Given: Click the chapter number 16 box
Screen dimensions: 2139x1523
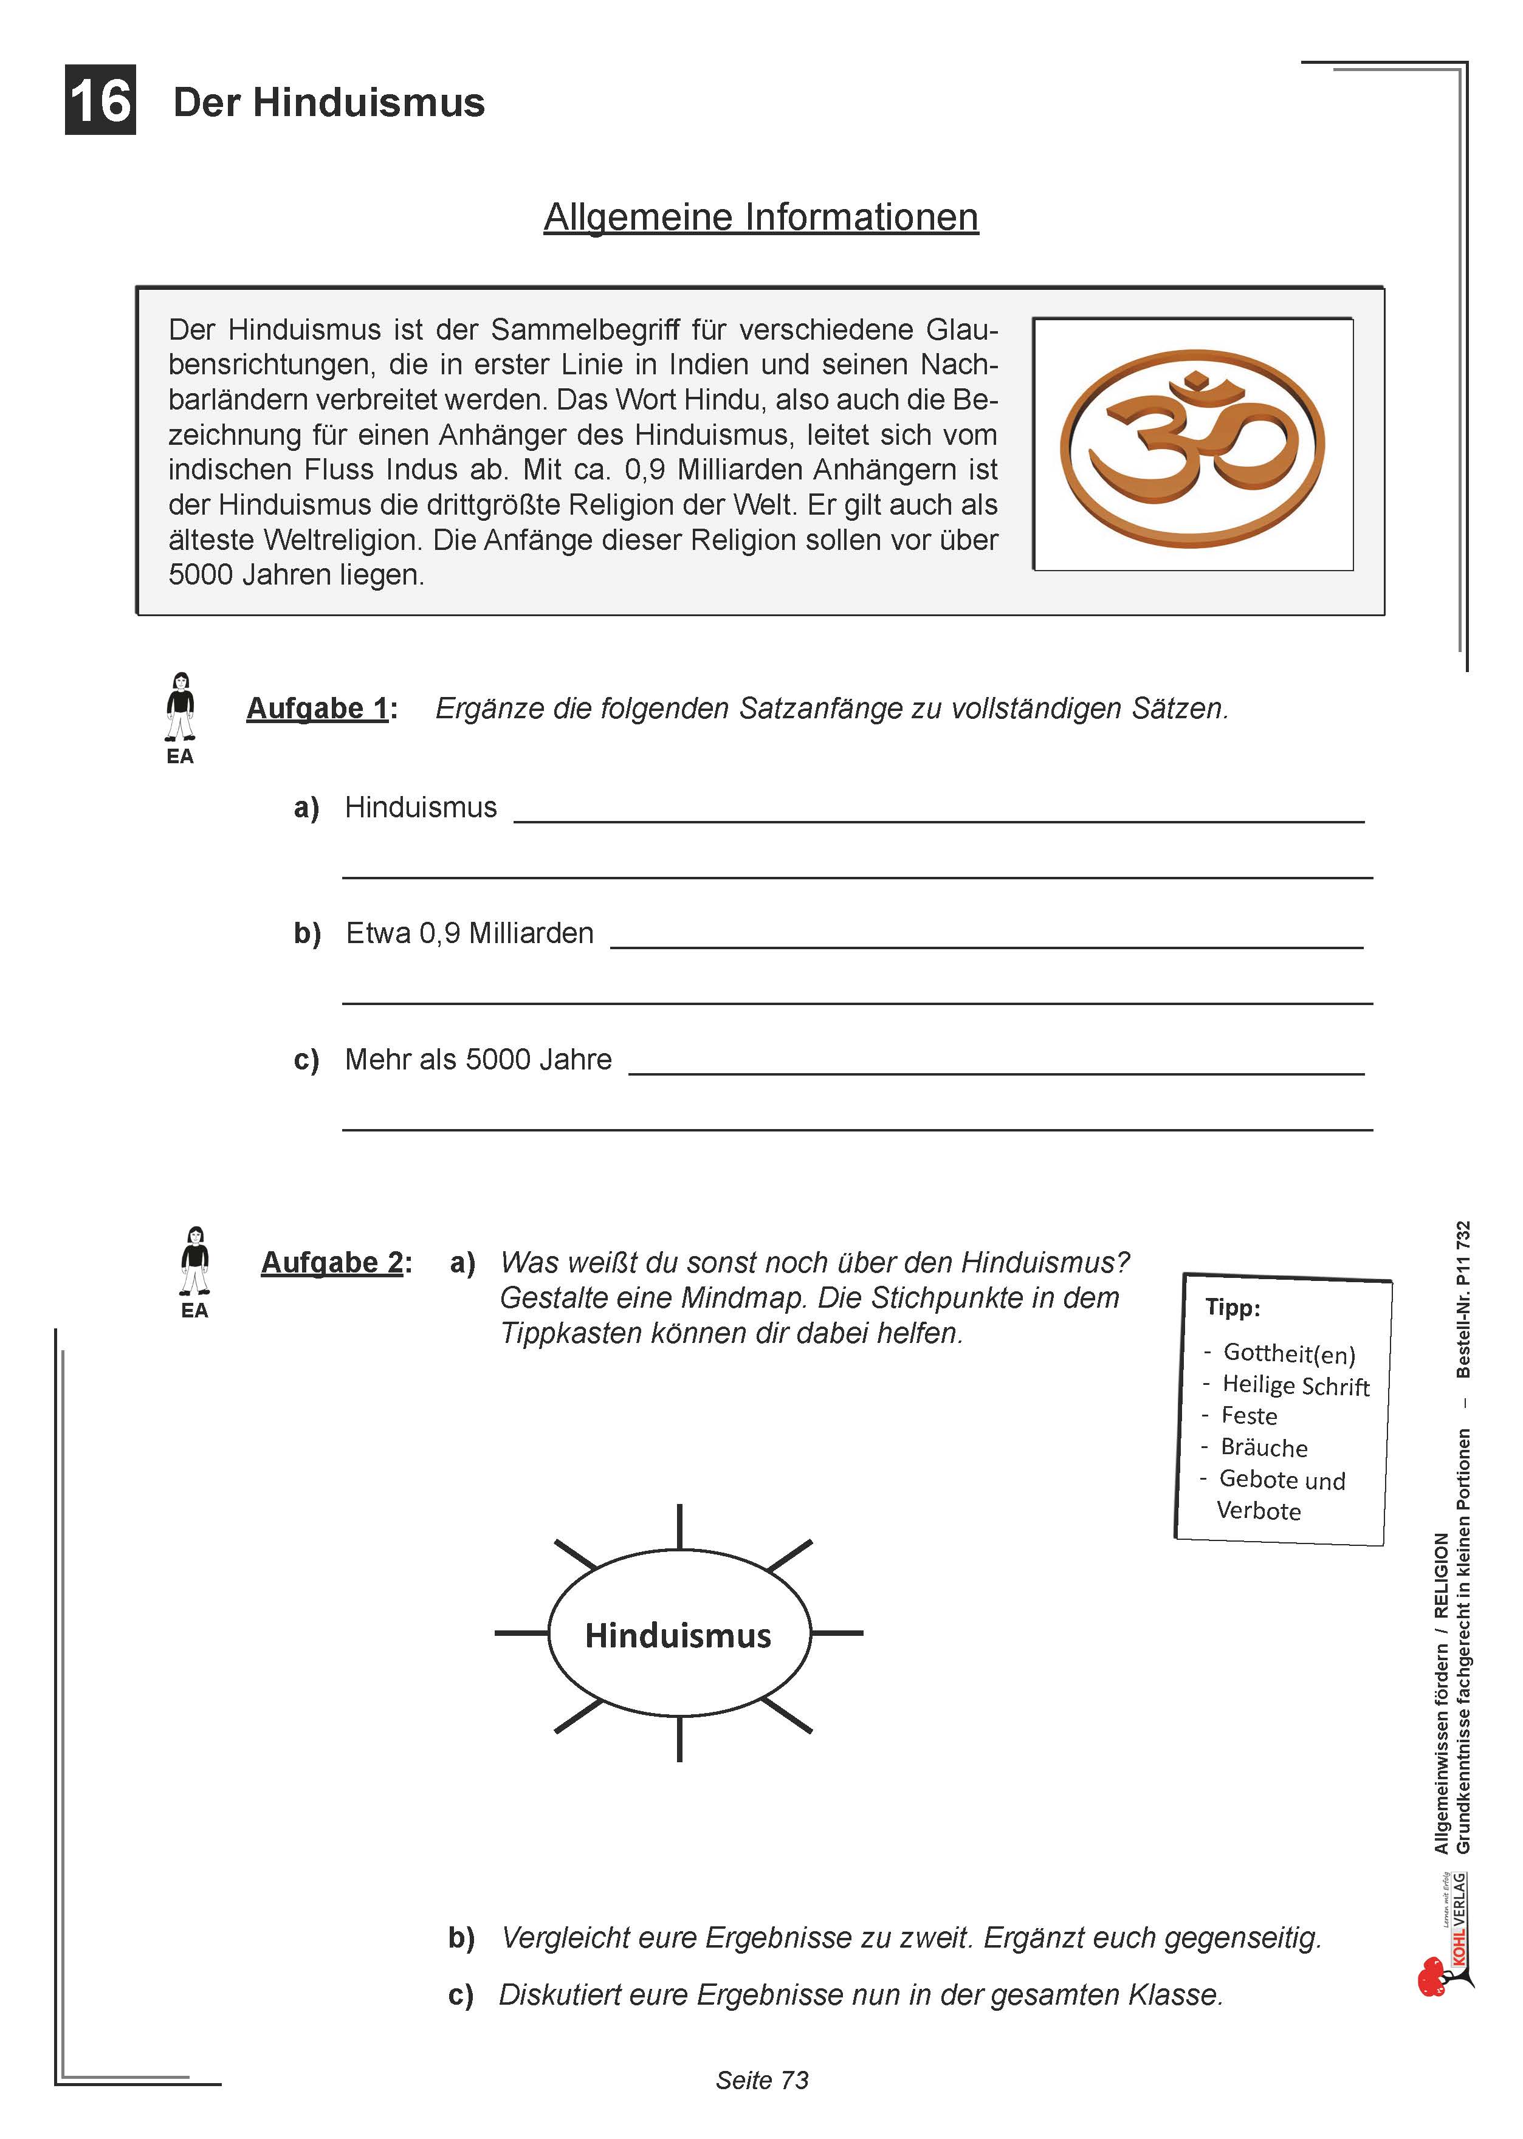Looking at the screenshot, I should pos(100,100).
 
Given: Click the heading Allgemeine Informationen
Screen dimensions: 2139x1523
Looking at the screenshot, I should pos(760,216).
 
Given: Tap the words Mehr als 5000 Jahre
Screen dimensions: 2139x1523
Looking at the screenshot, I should pos(478,1060).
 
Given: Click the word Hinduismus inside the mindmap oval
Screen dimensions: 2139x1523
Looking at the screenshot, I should pos(678,1635).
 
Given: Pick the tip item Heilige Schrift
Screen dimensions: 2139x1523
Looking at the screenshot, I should pos(1295,1386).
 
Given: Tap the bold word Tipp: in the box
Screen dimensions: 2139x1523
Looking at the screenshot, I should pos(1232,1307).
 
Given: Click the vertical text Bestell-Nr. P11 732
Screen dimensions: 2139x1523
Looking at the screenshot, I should pos(1462,1299).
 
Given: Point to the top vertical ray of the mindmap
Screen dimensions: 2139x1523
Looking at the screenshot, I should pos(679,1526).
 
